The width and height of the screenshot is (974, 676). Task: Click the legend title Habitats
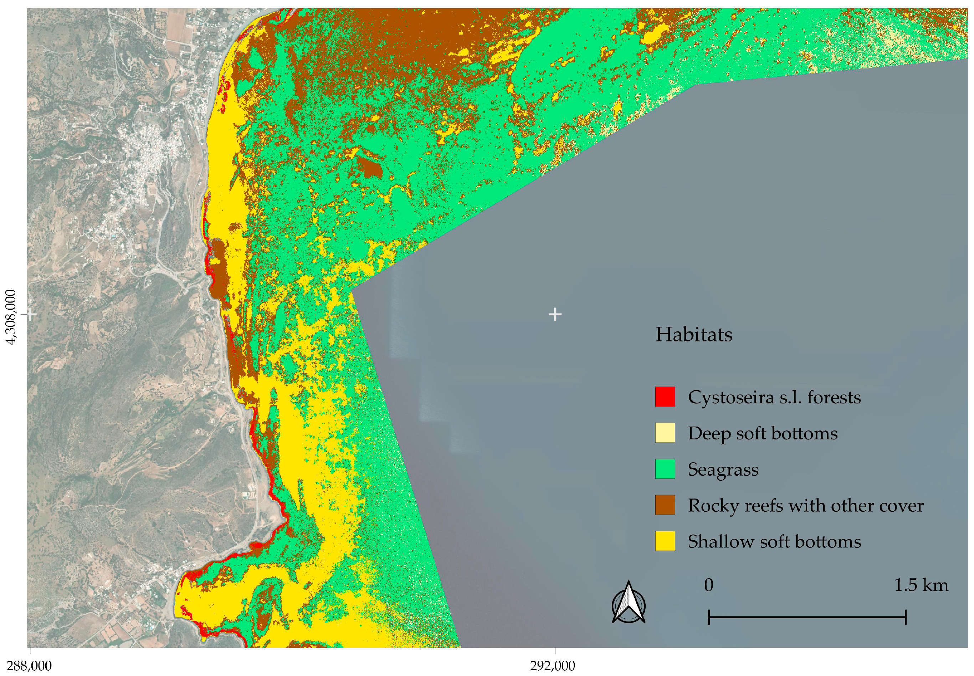pos(693,335)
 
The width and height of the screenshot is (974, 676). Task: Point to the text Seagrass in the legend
pos(723,470)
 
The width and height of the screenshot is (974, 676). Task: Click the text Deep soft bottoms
pos(762,433)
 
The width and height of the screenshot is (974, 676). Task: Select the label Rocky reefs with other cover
pos(805,505)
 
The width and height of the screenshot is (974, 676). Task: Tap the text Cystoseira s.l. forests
pos(774,397)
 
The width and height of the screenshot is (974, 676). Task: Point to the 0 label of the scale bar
pos(708,585)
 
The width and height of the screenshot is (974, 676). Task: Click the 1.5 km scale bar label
pos(921,585)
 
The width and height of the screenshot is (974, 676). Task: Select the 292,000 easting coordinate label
pos(553,666)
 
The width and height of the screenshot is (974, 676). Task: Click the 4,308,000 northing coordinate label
pos(10,317)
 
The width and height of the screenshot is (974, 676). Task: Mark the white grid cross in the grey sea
pos(555,314)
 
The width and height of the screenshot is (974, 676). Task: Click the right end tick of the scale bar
pos(905,617)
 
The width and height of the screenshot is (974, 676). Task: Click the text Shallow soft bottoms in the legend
pos(774,542)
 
